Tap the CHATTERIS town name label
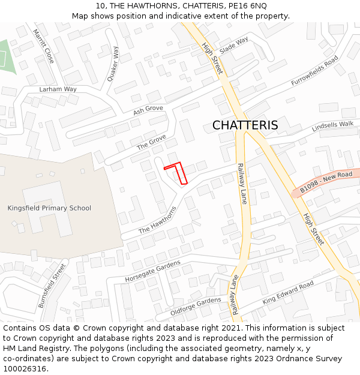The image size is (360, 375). pyautogui.click(x=245, y=125)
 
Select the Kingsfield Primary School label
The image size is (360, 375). pyautogui.click(x=49, y=208)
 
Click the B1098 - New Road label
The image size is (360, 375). pyautogui.click(x=326, y=183)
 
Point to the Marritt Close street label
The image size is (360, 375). pyautogui.click(x=43, y=46)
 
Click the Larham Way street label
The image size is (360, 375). pyautogui.click(x=58, y=89)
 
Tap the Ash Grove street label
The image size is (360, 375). pyautogui.click(x=148, y=110)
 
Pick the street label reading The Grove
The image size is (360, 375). pyautogui.click(x=151, y=142)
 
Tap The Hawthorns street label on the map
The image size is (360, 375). pyautogui.click(x=158, y=221)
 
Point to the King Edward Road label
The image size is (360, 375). pyautogui.click(x=288, y=292)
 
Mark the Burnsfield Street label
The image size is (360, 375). pyautogui.click(x=52, y=286)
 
